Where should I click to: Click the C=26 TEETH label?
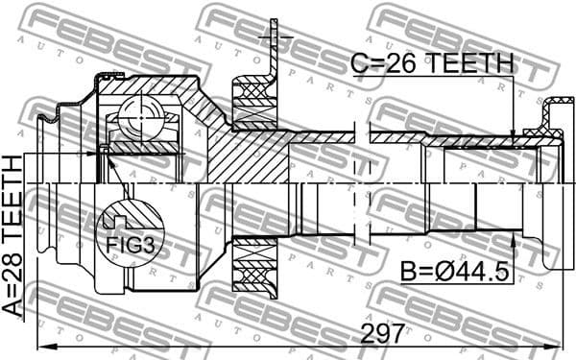point(431,64)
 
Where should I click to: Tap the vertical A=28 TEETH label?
point(13,235)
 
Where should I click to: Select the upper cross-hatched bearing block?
point(254,103)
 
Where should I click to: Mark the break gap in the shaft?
point(360,182)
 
